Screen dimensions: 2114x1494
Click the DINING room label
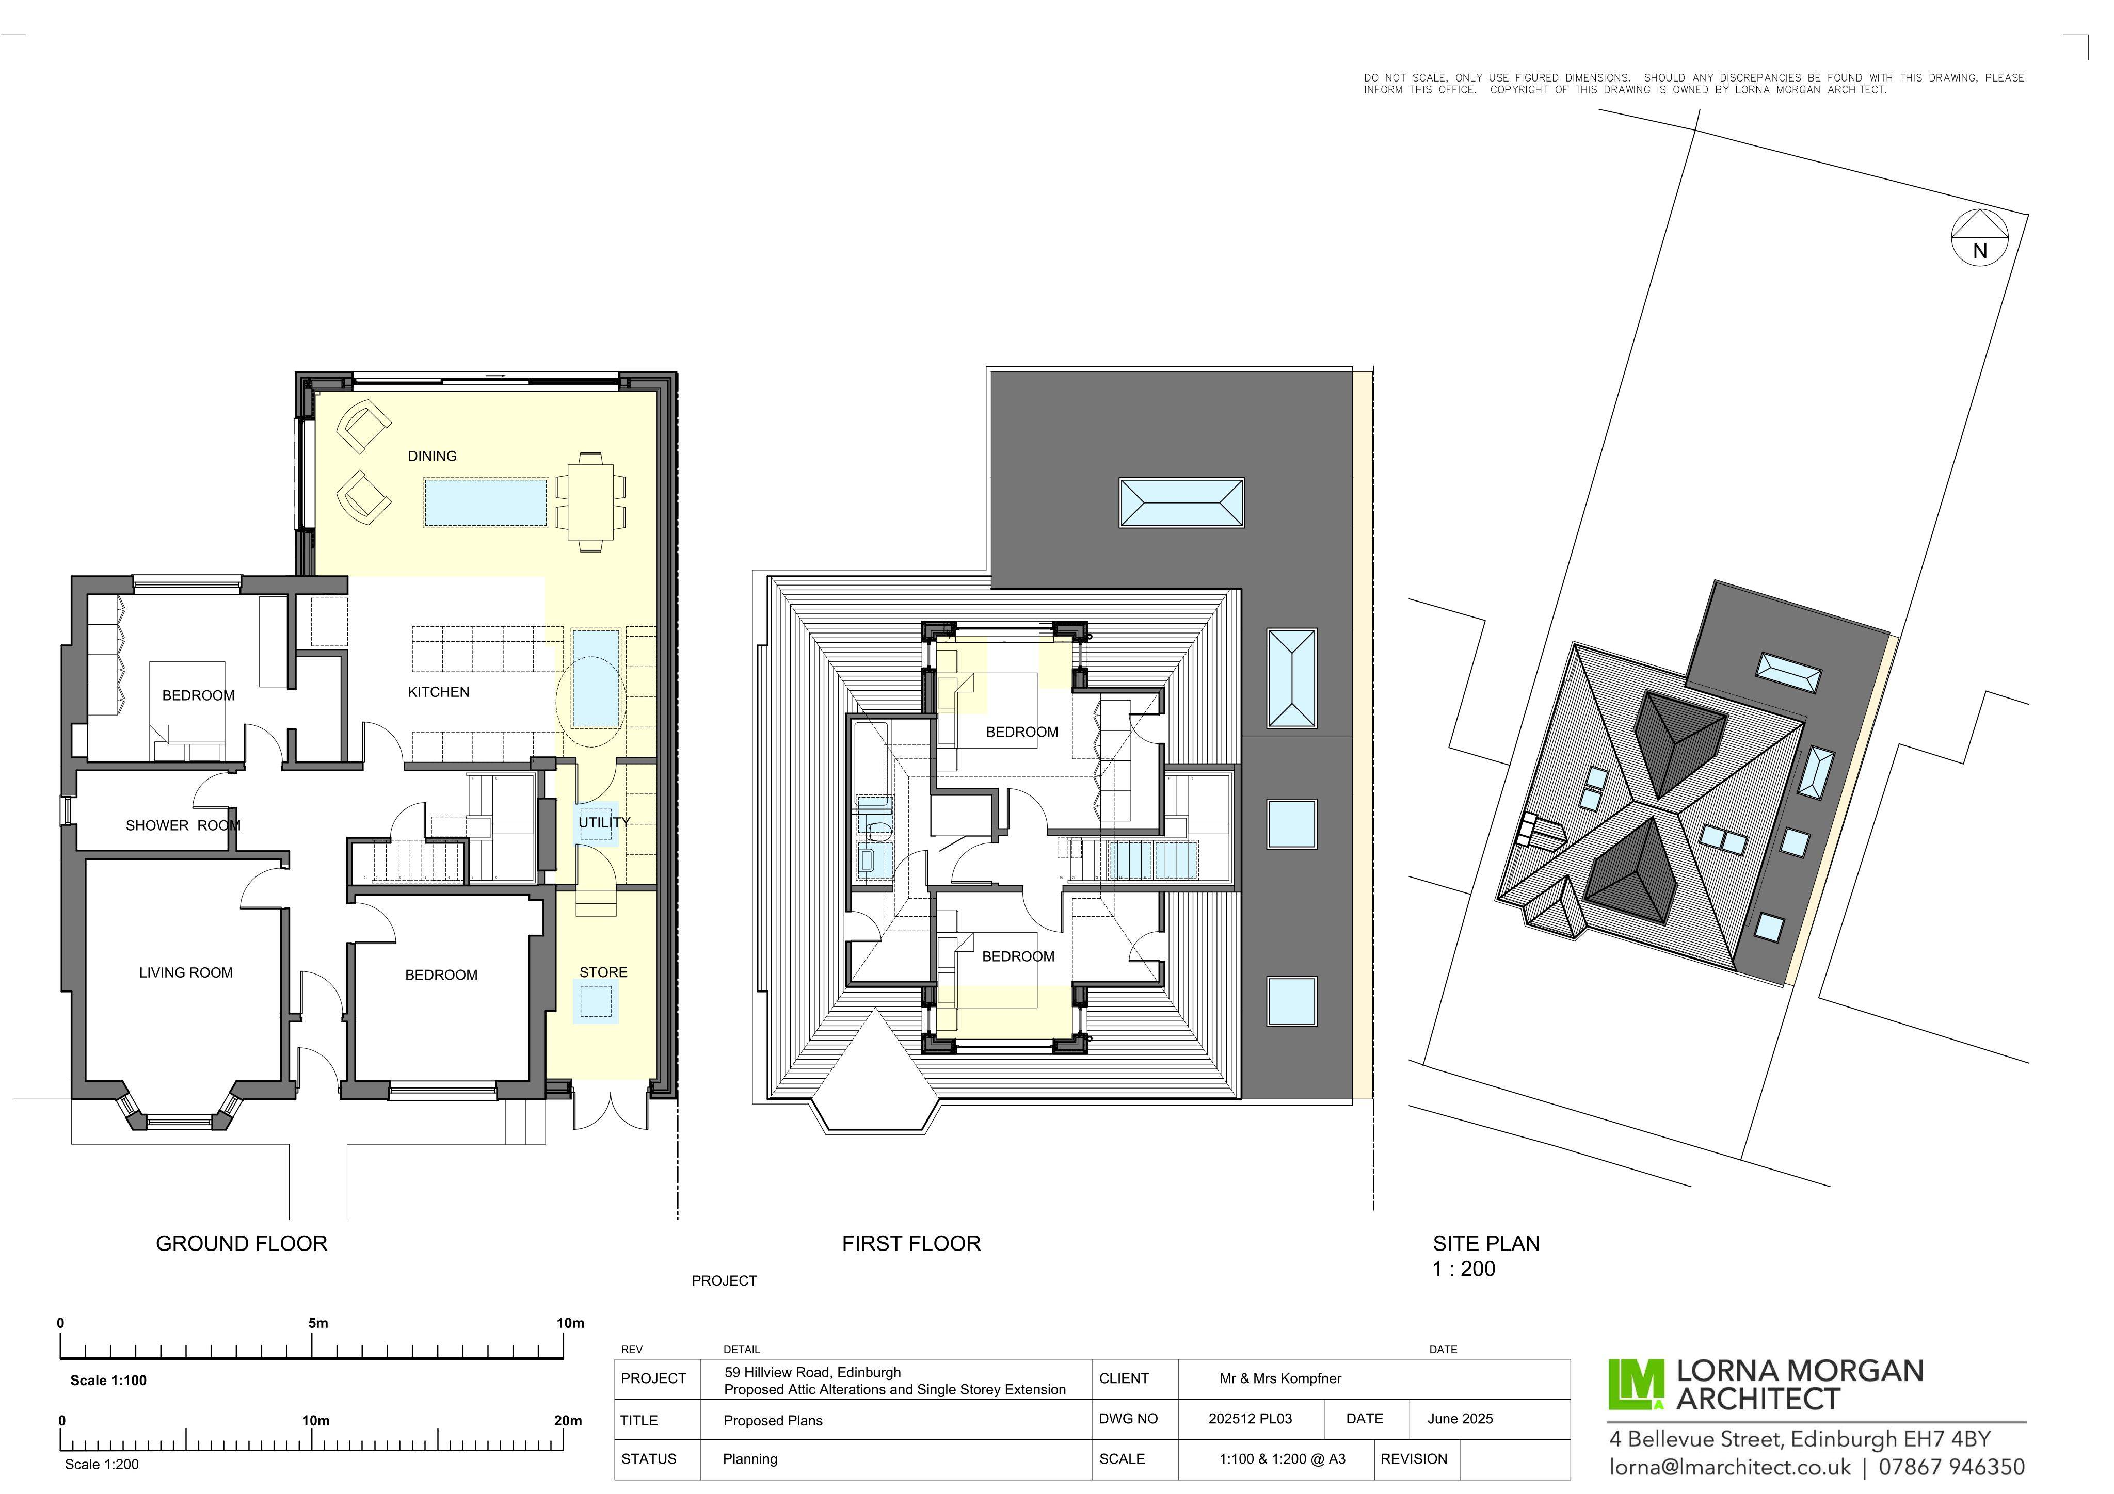coord(437,461)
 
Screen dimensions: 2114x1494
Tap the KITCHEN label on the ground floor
coord(444,700)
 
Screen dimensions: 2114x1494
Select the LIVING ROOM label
coord(188,983)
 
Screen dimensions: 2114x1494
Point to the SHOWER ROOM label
coord(185,835)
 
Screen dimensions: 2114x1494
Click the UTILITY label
coord(612,831)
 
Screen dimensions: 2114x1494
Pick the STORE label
coord(611,983)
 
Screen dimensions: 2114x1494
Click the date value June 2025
coord(1477,1435)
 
